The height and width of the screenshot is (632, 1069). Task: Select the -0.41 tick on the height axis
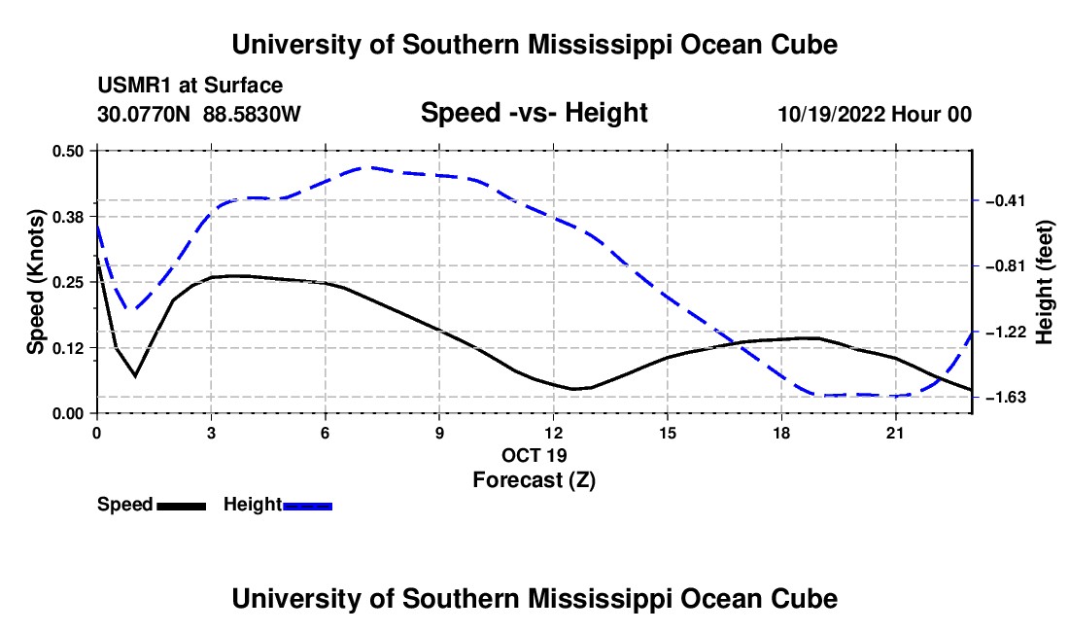[1004, 200]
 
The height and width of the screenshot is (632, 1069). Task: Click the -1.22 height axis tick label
[1004, 332]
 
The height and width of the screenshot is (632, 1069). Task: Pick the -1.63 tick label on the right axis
[1004, 397]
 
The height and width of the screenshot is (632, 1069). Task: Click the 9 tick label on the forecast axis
[439, 433]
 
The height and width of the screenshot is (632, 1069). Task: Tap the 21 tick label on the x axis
[894, 433]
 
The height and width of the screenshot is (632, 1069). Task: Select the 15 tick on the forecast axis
[668, 433]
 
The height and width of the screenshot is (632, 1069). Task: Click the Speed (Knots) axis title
[35, 282]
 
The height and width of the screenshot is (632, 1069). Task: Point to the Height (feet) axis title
[1045, 282]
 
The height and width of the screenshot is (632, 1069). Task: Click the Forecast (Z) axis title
[534, 480]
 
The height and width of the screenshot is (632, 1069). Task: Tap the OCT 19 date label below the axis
[534, 455]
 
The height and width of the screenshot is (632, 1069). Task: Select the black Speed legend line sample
[182, 506]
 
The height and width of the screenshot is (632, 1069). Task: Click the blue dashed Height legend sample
[307, 506]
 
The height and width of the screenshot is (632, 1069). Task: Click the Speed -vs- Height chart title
[534, 113]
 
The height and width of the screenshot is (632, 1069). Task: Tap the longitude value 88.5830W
[252, 114]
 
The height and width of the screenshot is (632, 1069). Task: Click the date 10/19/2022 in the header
[832, 114]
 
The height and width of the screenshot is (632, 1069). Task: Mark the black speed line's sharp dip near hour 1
[136, 375]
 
